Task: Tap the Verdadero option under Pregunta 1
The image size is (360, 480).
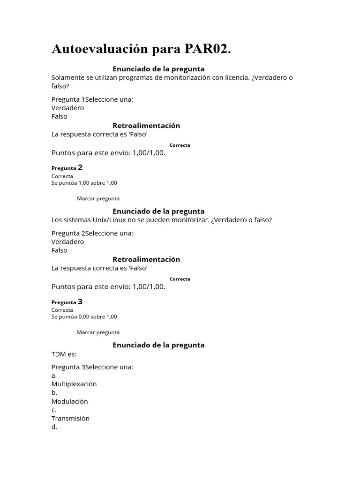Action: [x=67, y=108]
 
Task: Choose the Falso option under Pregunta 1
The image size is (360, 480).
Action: [x=60, y=116]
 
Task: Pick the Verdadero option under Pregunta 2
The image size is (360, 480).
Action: [x=67, y=241]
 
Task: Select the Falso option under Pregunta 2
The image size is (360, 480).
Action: [x=60, y=250]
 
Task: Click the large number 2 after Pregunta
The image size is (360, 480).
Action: [x=80, y=167]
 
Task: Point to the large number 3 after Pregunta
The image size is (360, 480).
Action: [x=80, y=301]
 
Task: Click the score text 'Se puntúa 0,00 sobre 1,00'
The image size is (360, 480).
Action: [x=84, y=316]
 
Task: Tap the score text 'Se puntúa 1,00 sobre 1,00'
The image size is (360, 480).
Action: [x=84, y=183]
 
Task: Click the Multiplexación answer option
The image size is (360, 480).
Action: [x=74, y=384]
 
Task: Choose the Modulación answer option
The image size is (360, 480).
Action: [x=70, y=401]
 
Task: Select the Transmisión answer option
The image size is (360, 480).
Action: [x=70, y=418]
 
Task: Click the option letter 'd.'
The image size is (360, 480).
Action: [x=54, y=427]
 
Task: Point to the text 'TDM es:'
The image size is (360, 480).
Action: [x=64, y=354]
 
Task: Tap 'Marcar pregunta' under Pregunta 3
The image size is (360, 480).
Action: [x=98, y=332]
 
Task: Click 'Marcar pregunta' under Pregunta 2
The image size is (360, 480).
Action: [x=98, y=198]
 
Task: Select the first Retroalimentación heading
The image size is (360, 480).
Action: [x=146, y=126]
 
